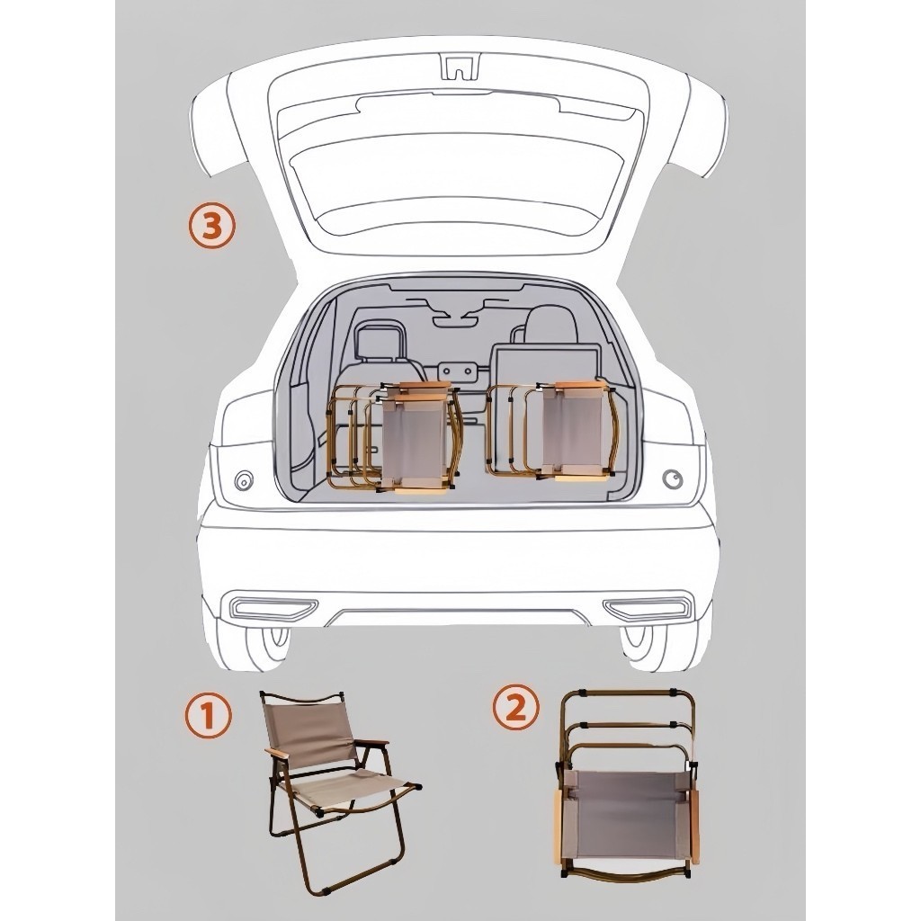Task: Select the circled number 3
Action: pos(211,226)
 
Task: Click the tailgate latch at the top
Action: pos(460,66)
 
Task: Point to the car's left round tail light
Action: pos(244,481)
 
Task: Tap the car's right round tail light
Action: pos(673,479)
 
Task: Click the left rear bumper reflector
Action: pos(274,607)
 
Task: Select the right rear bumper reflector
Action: pos(646,607)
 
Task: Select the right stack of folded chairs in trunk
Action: pos(551,432)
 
